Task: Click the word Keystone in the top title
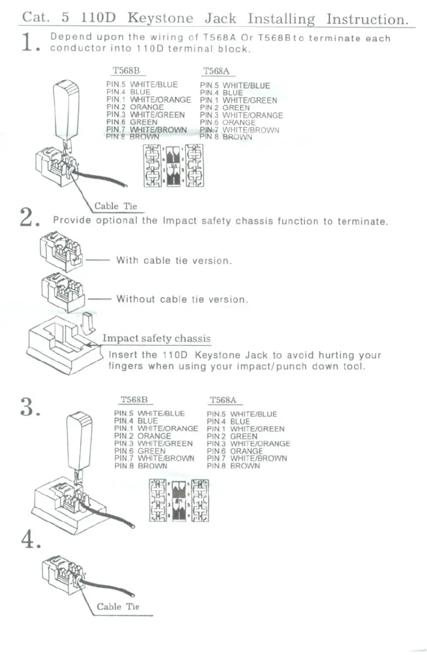coord(160,19)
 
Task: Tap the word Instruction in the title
coord(367,19)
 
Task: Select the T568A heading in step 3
coord(223,400)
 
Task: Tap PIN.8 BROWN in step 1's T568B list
coord(133,137)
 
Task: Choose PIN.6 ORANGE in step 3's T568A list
coord(235,451)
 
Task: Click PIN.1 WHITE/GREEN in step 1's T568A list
coord(239,100)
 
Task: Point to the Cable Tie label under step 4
coord(118,607)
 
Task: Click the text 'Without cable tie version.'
coord(182,299)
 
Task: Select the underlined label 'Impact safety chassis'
coord(156,339)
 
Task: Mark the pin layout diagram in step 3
coord(179,500)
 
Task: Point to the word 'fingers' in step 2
coord(126,366)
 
